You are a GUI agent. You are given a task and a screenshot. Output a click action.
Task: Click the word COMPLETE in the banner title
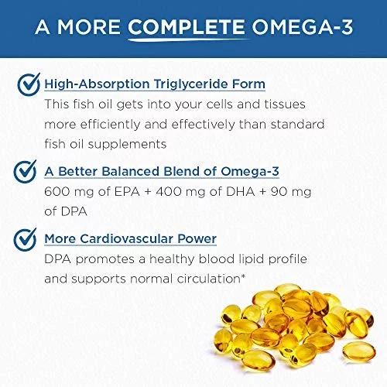click(x=186, y=27)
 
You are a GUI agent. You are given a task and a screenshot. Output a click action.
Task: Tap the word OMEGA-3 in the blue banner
click(x=302, y=27)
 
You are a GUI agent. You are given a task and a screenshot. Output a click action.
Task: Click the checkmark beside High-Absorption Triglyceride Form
click(x=29, y=84)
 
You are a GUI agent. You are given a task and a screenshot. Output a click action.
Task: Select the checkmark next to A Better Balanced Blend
click(x=25, y=171)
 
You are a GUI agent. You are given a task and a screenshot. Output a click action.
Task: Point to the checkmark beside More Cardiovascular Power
click(x=25, y=240)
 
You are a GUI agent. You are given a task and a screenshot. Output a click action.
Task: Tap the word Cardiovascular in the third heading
click(x=126, y=238)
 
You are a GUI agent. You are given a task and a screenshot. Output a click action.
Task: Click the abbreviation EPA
click(x=127, y=192)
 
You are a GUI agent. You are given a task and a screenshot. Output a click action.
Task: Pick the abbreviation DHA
click(x=241, y=192)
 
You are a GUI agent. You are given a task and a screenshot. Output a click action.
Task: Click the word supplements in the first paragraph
click(x=127, y=145)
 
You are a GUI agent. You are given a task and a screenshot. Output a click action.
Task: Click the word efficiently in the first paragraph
click(x=110, y=125)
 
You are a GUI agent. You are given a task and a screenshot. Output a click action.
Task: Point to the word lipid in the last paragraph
click(x=252, y=259)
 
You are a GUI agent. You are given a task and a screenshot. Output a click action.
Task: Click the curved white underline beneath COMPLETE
click(x=188, y=40)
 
